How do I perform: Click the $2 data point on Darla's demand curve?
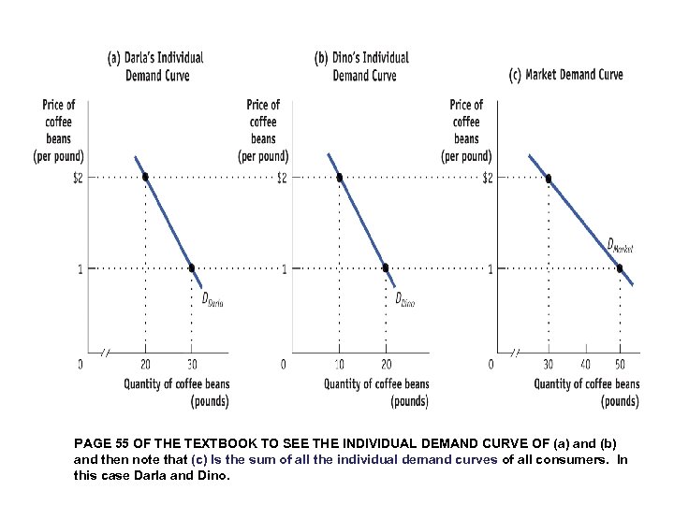[x=145, y=177]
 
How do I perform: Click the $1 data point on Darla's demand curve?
[x=192, y=268]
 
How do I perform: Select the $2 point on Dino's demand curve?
[x=339, y=177]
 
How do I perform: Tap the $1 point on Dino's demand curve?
[x=386, y=268]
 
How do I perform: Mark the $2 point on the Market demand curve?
[x=549, y=177]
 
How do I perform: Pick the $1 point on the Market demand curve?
[x=620, y=268]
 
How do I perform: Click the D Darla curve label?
[x=212, y=299]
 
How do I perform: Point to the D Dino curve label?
[x=404, y=299]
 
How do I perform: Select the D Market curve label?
[x=620, y=246]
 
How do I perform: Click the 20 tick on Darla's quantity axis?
[x=145, y=364]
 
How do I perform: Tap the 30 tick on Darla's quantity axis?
[x=192, y=364]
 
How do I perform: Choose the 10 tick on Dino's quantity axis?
[x=339, y=364]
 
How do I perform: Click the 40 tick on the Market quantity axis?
[x=585, y=364]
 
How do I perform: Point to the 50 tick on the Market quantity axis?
[x=620, y=364]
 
